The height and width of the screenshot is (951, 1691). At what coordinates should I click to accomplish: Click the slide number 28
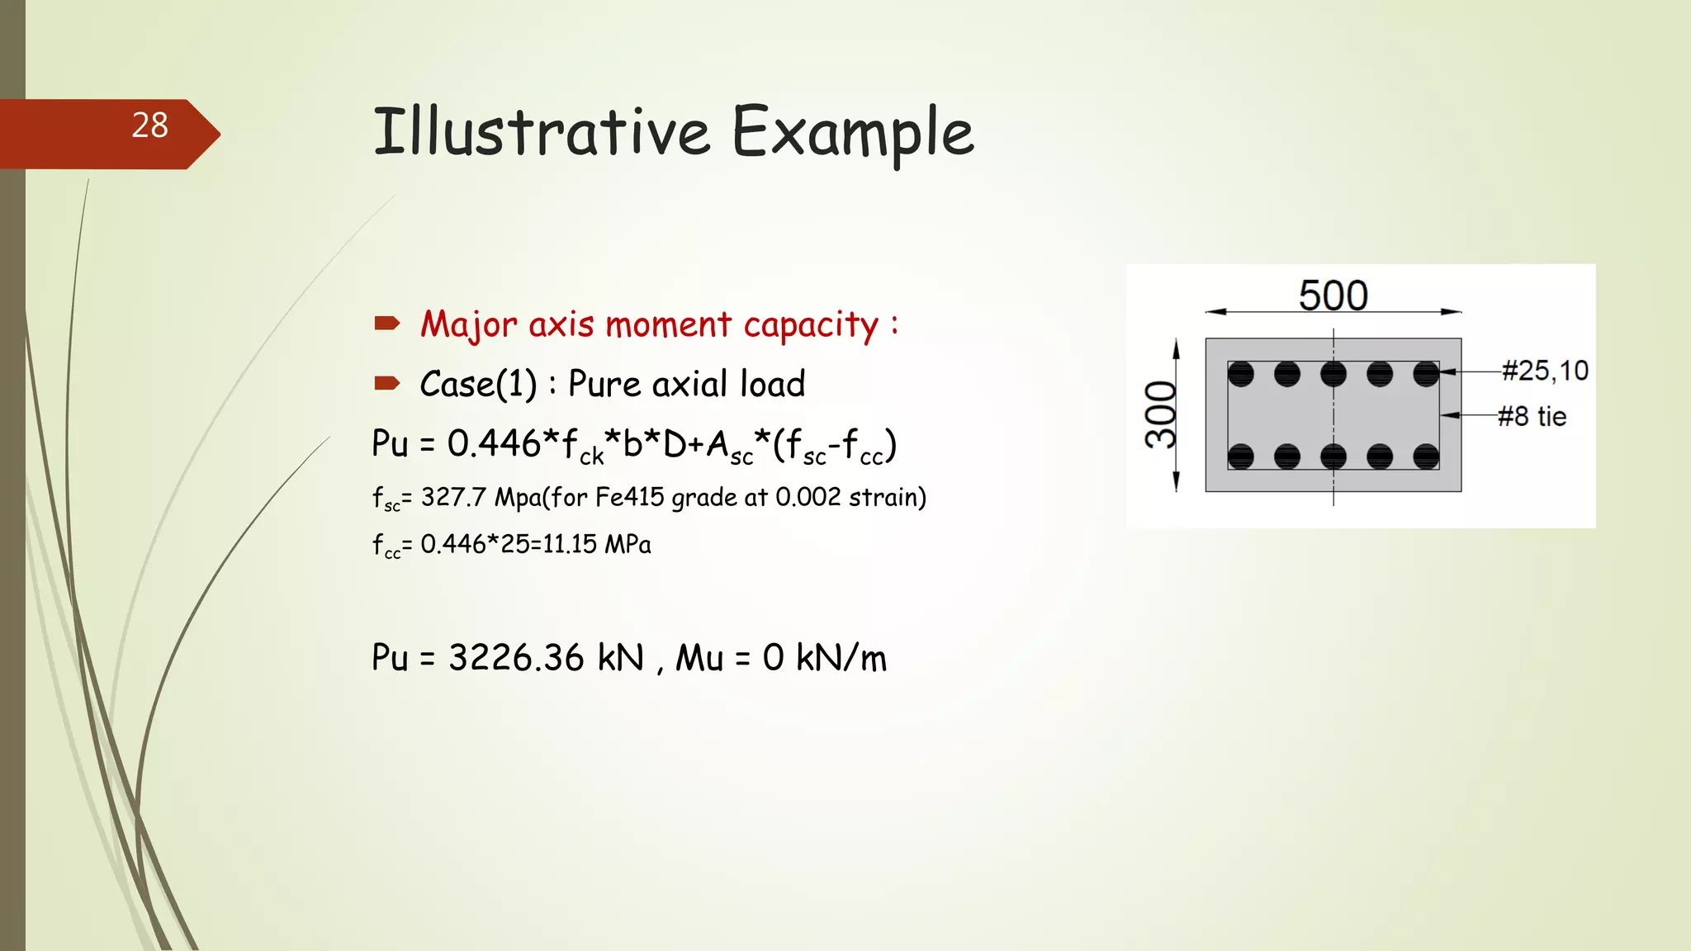click(x=149, y=125)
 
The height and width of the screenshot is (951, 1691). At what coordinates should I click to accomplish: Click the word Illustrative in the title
click(x=541, y=132)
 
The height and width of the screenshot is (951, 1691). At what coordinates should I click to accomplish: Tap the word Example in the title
click(x=853, y=132)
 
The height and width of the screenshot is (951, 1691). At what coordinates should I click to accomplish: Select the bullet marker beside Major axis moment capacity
click(x=386, y=323)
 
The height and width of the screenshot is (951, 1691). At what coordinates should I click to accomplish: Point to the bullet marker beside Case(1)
click(x=386, y=383)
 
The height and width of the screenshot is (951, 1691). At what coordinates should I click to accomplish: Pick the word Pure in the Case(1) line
click(x=604, y=384)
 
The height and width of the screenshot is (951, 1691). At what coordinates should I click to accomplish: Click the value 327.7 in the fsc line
click(x=453, y=497)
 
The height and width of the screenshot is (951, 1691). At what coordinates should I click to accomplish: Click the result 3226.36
click(x=516, y=658)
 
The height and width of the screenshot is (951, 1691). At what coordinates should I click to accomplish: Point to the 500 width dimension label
click(x=1333, y=295)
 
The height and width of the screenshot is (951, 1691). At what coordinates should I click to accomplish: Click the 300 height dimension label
click(x=1160, y=414)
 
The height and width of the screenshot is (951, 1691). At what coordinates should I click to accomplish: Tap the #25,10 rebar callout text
click(x=1544, y=371)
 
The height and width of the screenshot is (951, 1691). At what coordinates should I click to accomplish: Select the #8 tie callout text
click(x=1532, y=416)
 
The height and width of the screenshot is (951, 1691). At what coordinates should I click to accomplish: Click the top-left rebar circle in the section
click(x=1240, y=374)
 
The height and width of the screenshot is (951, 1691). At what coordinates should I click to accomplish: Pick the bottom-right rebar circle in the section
click(x=1426, y=456)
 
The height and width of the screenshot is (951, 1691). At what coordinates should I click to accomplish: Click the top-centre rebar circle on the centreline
click(x=1333, y=374)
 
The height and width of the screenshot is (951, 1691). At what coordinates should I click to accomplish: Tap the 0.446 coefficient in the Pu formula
click(x=494, y=443)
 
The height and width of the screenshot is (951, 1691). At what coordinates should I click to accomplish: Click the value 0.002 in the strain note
click(x=808, y=497)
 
